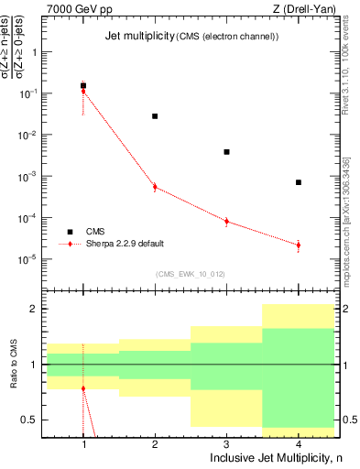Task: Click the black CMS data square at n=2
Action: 155,116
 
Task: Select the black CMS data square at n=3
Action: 226,152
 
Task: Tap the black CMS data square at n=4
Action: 299,182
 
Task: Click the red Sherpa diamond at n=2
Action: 155,187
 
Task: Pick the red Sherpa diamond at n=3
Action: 226,221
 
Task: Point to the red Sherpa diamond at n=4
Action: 299,245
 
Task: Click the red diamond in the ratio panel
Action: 83,388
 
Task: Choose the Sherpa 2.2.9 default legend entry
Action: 125,244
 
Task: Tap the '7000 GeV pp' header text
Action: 77,8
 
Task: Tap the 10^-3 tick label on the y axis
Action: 27,176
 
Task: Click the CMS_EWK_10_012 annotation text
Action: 191,274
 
